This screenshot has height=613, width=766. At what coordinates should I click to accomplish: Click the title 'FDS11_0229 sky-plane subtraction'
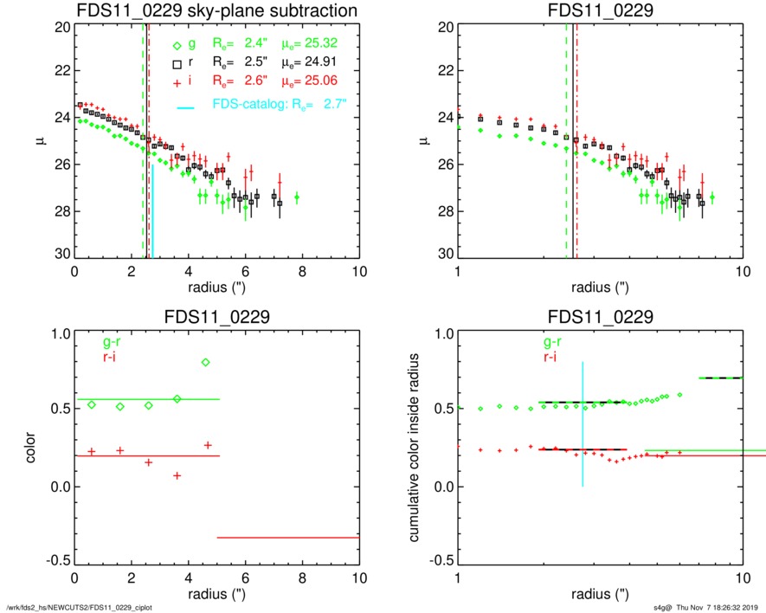[217, 10]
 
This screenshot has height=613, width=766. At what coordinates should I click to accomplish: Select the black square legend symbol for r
[177, 64]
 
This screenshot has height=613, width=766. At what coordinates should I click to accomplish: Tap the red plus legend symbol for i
[177, 81]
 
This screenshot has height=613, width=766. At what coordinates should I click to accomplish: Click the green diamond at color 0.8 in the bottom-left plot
[205, 362]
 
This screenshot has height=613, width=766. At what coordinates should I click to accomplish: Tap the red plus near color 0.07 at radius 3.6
[177, 475]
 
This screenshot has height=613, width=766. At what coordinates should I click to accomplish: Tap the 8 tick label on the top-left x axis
[302, 272]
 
